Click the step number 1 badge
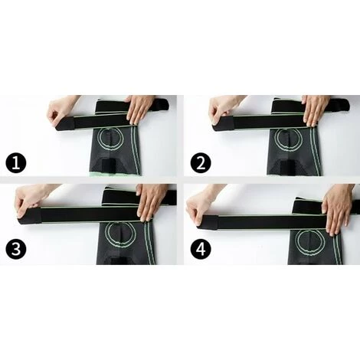tap(16, 163)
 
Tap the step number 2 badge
tap(201, 163)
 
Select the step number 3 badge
tap(16, 248)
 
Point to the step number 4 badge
tap(201, 248)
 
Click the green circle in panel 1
tap(112, 139)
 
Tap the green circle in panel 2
tap(288, 139)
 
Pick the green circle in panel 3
tap(119, 234)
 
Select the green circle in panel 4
tap(309, 241)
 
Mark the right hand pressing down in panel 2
tap(316, 110)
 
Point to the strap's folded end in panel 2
tap(224, 124)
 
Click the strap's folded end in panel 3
tap(29, 216)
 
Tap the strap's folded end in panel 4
tap(208, 222)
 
